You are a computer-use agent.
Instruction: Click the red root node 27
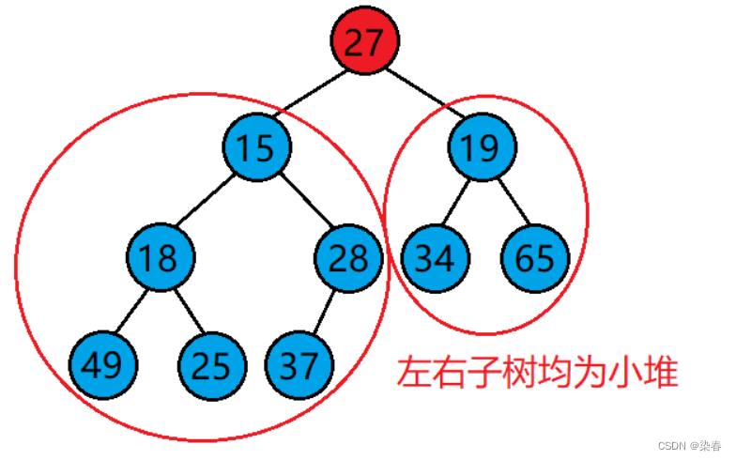(364, 41)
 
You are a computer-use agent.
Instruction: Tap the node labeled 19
(483, 146)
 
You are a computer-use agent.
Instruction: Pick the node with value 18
(161, 257)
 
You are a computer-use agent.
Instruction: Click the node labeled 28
(349, 257)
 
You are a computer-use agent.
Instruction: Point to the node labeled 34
(434, 257)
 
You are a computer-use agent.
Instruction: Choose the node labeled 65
(535, 257)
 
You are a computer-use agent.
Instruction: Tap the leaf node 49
(102, 364)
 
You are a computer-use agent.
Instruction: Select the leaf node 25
(212, 364)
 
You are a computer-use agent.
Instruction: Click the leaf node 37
(299, 364)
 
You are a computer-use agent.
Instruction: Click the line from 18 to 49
(132, 311)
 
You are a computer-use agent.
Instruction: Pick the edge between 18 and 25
(187, 311)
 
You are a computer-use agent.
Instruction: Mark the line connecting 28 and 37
(325, 311)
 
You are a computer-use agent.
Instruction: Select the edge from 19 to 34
(458, 202)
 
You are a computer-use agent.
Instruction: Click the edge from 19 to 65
(509, 202)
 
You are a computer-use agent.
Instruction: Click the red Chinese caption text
(536, 373)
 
